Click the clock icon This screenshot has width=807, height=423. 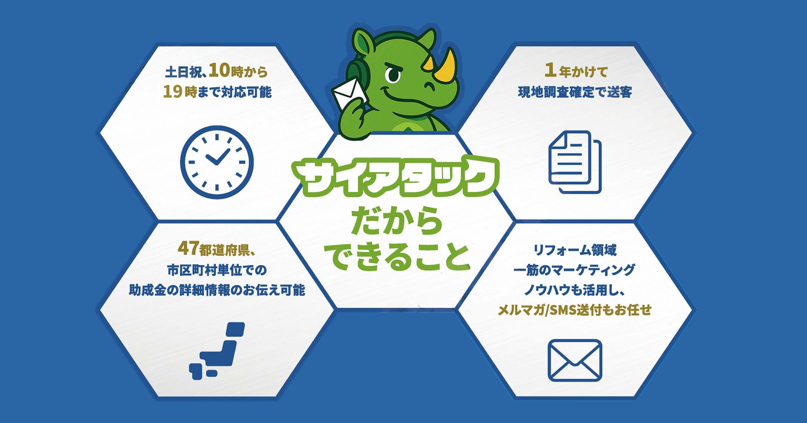(217, 162)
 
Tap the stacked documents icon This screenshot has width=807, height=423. (575, 162)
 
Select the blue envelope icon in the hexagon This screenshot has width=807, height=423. (575, 360)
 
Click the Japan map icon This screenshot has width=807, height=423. (217, 351)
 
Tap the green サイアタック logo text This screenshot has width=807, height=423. (396, 176)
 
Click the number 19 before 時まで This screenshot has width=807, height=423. (173, 91)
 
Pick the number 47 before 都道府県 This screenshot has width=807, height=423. (188, 248)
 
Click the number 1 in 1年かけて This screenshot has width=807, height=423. (550, 70)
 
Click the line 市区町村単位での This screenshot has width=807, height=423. (217, 270)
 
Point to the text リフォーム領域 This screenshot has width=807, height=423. (575, 250)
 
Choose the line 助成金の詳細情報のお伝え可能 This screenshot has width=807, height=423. (217, 290)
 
